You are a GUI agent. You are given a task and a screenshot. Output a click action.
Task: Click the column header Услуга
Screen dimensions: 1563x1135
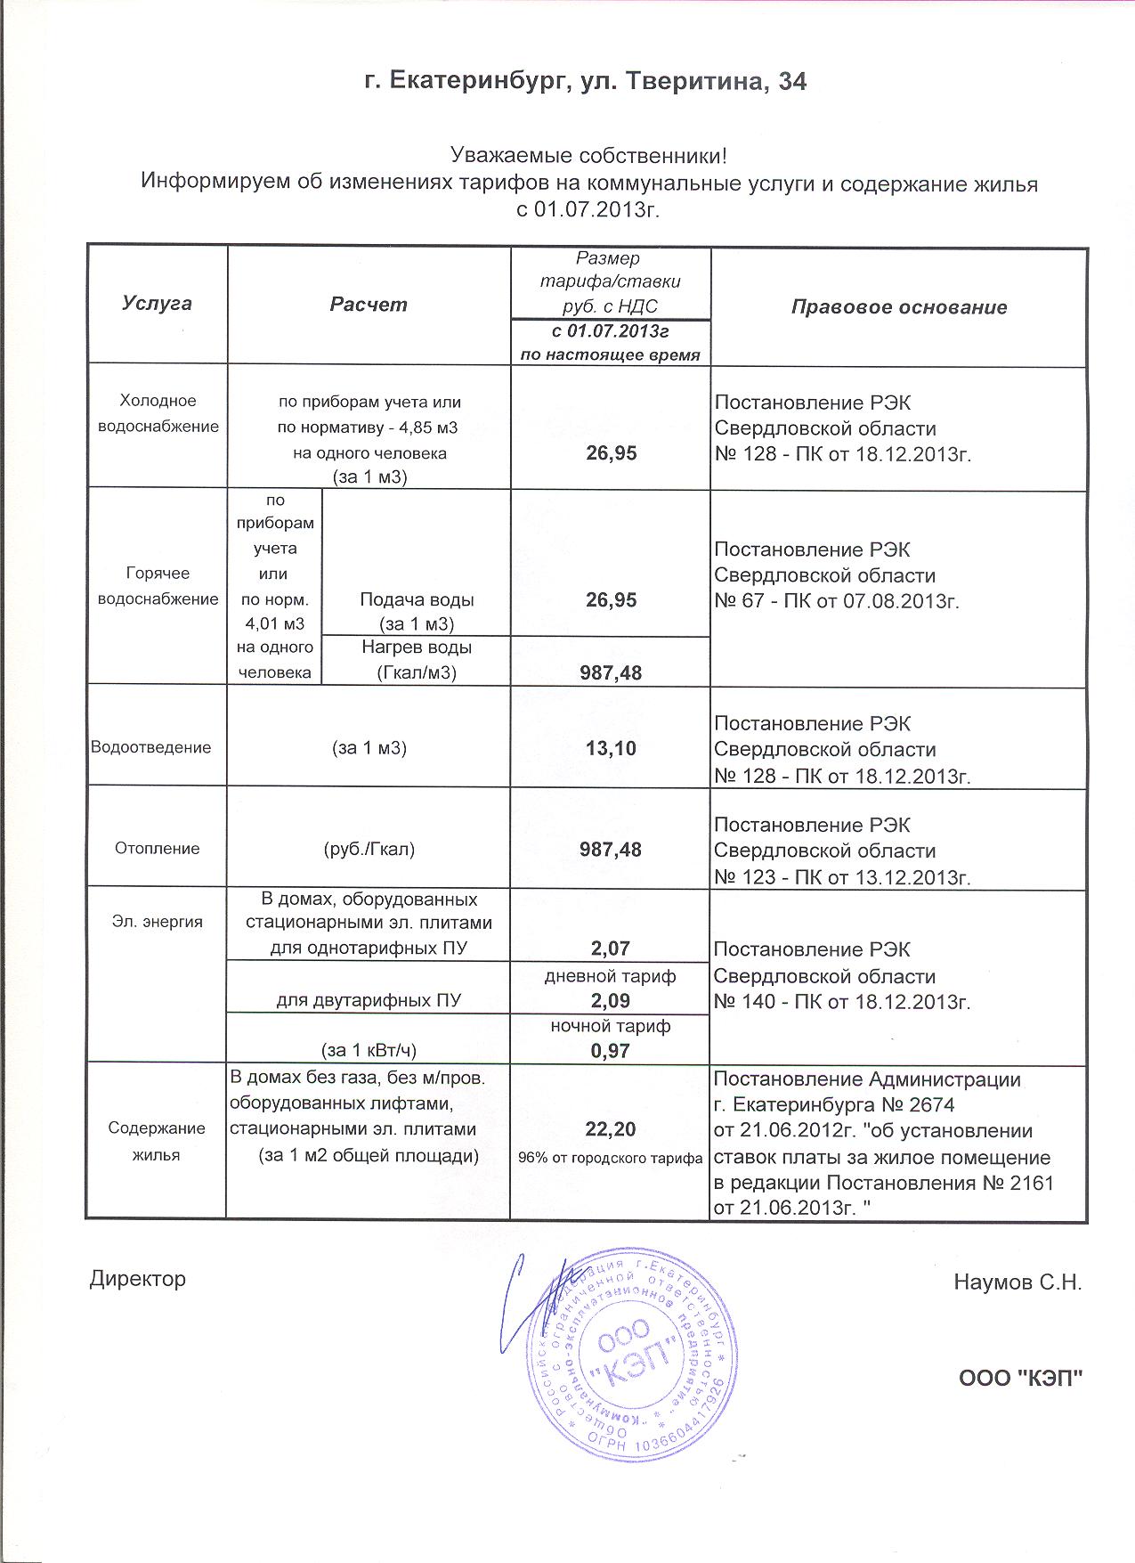coord(157,303)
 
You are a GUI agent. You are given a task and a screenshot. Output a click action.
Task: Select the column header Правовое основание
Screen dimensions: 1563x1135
coord(899,307)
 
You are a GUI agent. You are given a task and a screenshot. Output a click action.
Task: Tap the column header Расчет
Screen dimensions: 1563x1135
coord(369,305)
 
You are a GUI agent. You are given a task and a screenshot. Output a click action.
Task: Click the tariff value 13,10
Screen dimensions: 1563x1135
coord(611,748)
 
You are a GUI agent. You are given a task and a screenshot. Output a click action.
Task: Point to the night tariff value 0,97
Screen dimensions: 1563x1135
coord(611,1051)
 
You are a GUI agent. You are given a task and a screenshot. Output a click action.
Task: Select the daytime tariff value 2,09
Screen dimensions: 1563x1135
coord(611,1000)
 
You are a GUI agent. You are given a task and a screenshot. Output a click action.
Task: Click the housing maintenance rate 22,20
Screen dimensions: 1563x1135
coord(611,1129)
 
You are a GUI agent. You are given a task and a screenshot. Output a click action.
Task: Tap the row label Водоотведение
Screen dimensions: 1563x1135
coord(151,747)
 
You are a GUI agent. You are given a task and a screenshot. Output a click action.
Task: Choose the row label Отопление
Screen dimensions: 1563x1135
coord(157,849)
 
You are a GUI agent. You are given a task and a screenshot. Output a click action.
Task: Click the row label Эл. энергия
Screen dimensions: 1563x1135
coord(158,922)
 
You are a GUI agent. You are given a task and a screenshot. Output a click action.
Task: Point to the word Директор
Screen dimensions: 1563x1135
coord(138,1279)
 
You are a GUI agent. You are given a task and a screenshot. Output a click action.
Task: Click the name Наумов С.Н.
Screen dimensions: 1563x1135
coord(1017,1282)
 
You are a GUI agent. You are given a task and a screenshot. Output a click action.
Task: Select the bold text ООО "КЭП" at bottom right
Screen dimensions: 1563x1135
coord(1020,1380)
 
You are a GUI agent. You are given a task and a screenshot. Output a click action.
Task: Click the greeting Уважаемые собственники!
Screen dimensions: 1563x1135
coord(589,157)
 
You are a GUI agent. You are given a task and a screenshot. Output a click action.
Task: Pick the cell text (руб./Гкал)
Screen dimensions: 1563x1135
coord(369,849)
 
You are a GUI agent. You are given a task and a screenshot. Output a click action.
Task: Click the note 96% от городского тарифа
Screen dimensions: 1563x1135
coord(611,1158)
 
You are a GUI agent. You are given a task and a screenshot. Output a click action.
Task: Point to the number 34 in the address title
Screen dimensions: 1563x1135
coord(792,82)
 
